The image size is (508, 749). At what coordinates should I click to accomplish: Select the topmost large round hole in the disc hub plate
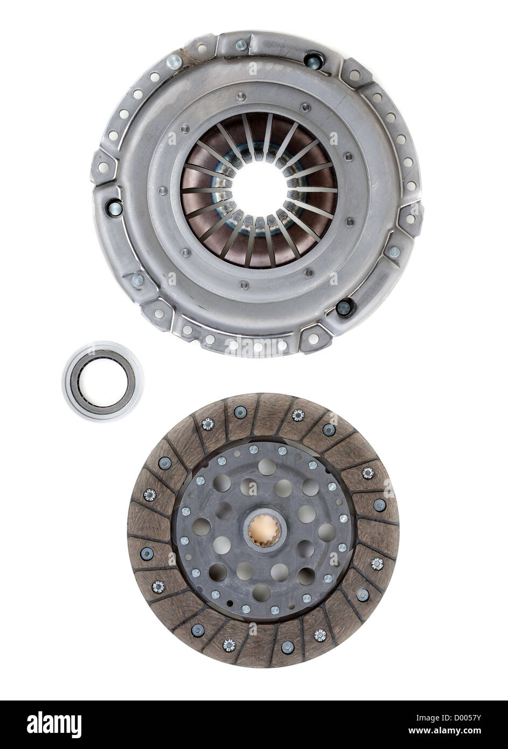266,466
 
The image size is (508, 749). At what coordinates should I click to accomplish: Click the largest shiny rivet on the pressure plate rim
174,62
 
